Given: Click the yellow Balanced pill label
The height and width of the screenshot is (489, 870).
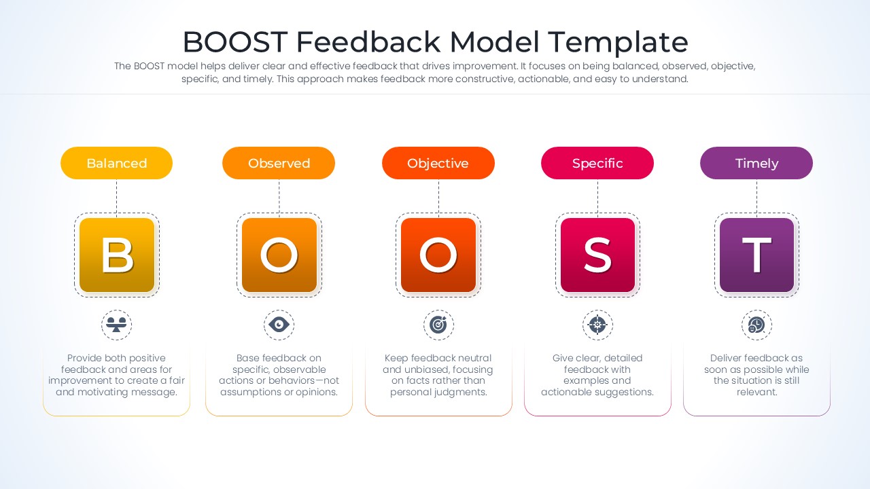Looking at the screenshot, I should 116,163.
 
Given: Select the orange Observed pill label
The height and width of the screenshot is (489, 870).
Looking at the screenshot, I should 279,163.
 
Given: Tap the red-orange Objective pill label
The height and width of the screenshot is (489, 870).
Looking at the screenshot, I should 438,163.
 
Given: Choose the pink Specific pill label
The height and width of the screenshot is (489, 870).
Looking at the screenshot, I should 597,163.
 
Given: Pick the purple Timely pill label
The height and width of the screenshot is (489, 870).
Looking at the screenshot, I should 756,163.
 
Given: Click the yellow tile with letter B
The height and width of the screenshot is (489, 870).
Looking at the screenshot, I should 117,255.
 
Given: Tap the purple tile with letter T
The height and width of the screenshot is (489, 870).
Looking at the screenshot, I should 756,255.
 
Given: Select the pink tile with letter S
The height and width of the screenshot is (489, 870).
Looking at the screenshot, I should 597,255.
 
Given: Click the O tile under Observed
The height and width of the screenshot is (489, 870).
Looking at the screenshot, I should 279,255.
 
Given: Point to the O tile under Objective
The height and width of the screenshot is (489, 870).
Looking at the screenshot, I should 438,255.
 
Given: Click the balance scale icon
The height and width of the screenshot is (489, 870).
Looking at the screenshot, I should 116,325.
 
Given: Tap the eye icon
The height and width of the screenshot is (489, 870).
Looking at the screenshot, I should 279,325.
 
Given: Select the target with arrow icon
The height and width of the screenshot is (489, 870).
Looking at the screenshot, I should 438,325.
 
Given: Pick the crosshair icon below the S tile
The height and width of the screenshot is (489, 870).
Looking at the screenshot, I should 597,325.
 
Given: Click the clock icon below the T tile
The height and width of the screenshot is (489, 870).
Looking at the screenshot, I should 756,325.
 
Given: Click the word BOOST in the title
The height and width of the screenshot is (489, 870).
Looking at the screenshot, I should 235,42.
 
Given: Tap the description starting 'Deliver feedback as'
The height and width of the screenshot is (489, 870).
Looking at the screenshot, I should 756,375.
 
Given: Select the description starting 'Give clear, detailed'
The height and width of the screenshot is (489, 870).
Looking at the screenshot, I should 597,375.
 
